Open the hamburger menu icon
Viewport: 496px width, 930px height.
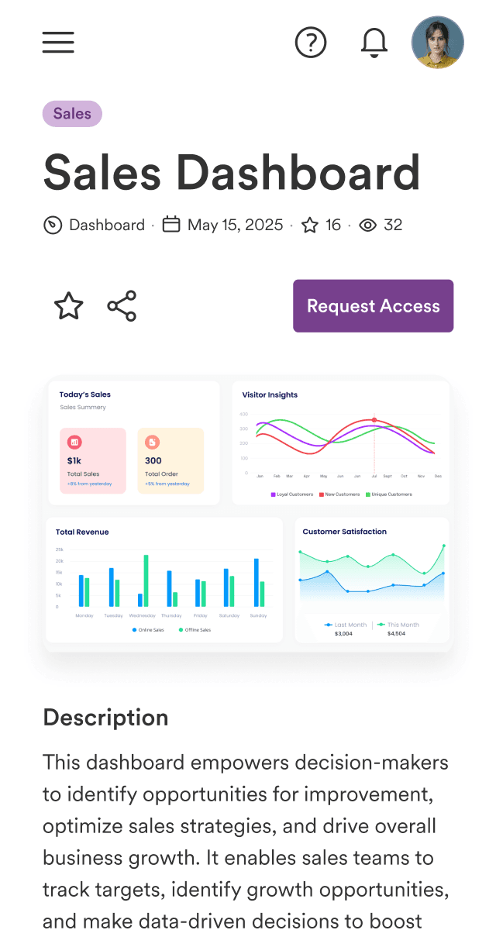coord(58,42)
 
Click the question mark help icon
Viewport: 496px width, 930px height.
coord(311,42)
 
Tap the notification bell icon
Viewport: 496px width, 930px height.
coord(374,42)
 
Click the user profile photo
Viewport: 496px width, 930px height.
coord(438,42)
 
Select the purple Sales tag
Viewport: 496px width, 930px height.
coord(72,114)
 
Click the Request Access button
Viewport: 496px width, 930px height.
coord(373,306)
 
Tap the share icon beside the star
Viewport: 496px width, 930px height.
coord(122,306)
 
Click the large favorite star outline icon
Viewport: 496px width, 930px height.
coord(69,306)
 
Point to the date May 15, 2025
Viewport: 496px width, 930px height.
coord(235,226)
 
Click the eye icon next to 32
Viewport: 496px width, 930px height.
coord(368,226)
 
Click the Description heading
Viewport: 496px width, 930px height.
coord(105,718)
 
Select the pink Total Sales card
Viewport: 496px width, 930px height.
coord(92,460)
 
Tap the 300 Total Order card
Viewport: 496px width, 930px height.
coord(170,460)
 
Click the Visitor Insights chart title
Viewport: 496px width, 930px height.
coord(270,395)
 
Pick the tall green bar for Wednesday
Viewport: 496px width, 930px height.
coord(146,580)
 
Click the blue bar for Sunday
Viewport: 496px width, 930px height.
coord(257,582)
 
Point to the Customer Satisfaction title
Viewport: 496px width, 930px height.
coord(344,532)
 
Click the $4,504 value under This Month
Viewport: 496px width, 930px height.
coord(396,634)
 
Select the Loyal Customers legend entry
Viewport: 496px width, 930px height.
coord(292,494)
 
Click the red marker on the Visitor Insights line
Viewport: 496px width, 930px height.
coord(374,420)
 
